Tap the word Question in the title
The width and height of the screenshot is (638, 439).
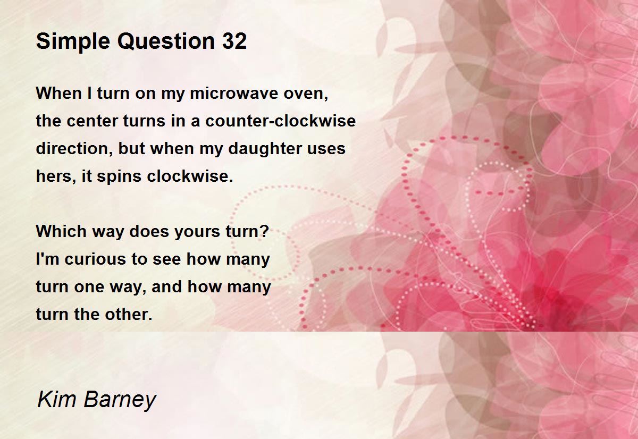pos(166,41)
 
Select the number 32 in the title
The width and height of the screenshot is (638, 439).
pos(234,41)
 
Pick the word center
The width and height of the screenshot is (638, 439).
pos(93,121)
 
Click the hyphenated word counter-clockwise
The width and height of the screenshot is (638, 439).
pos(281,121)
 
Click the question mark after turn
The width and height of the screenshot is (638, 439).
pos(265,231)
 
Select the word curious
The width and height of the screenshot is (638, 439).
pos(95,259)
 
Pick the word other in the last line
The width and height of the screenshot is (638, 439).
pos(129,314)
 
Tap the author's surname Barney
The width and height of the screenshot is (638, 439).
pos(120,401)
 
